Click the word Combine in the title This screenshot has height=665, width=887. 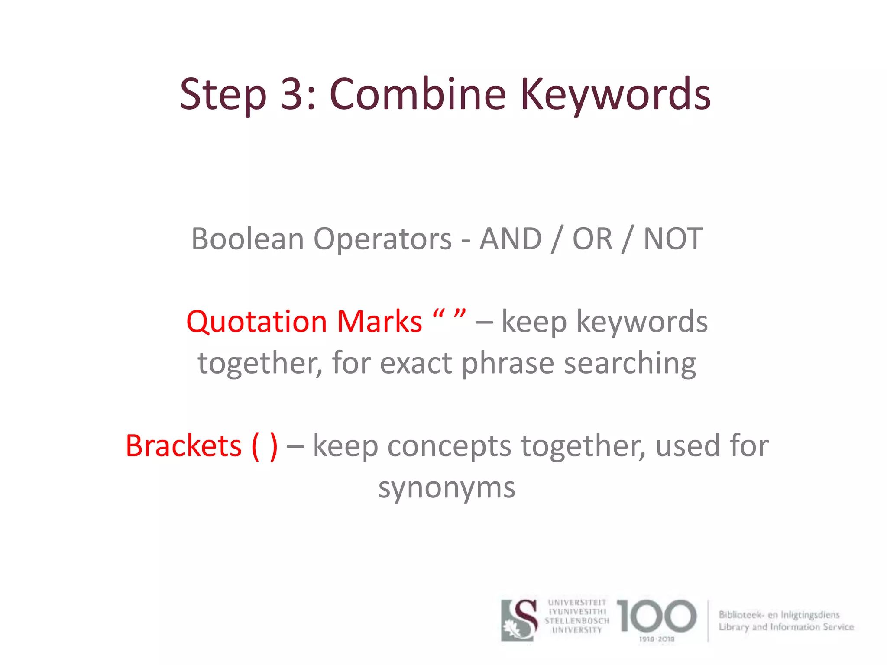pos(418,94)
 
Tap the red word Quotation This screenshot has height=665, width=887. pos(256,322)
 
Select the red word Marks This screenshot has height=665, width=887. pos(379,322)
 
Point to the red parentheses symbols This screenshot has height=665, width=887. pos(264,446)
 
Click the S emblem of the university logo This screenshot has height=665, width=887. pos(520,620)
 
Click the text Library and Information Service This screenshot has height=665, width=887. pos(786,627)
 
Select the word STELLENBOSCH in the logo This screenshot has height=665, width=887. pos(577,621)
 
